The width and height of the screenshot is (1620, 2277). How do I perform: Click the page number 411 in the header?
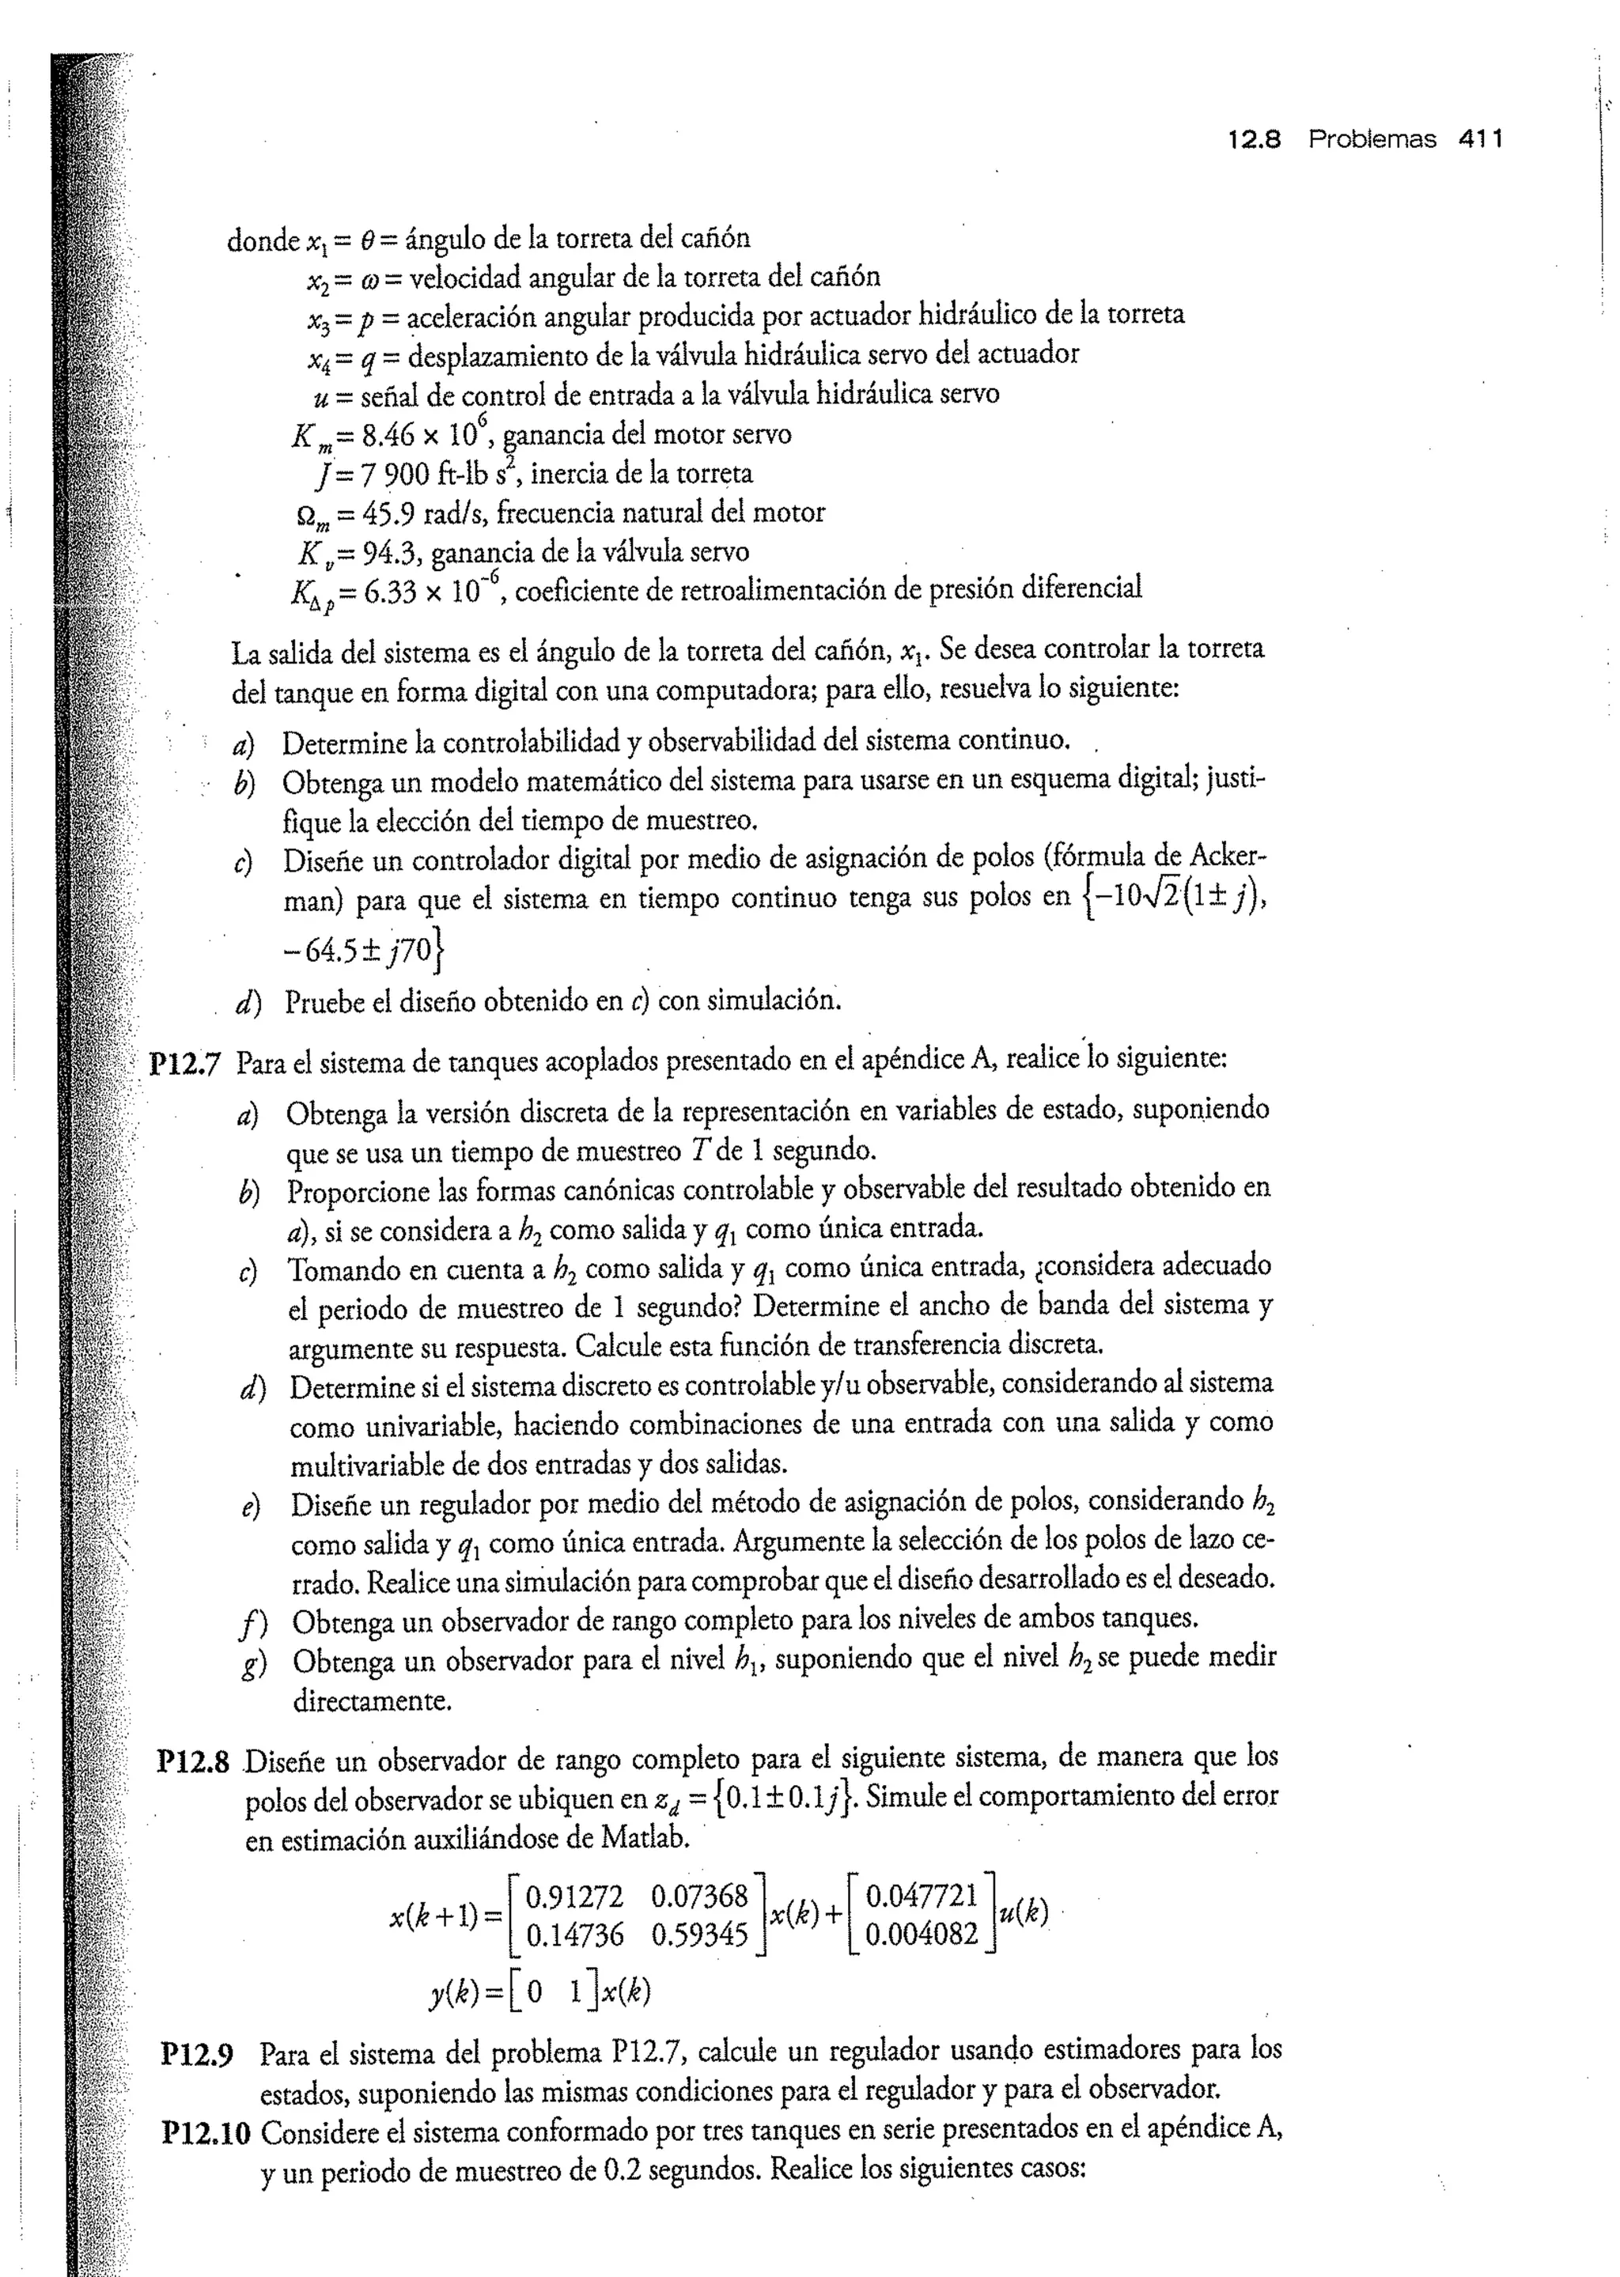[x=1479, y=140]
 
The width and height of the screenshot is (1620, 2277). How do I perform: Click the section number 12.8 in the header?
[x=1255, y=140]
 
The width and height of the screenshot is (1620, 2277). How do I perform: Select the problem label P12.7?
[x=184, y=1065]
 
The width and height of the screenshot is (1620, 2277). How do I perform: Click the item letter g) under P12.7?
[x=249, y=1665]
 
